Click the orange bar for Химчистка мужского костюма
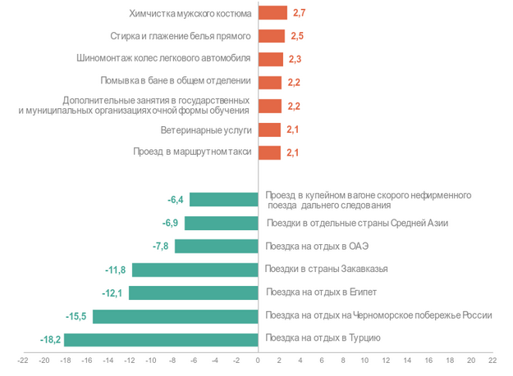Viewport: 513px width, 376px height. (x=272, y=13)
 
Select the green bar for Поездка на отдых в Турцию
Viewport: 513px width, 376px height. (x=161, y=339)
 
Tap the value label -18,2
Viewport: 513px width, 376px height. (x=51, y=339)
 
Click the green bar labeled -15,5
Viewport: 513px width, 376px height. (x=175, y=316)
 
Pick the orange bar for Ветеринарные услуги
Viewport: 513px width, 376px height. (x=269, y=129)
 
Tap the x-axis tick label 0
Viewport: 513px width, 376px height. (x=258, y=360)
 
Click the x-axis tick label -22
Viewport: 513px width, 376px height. (x=23, y=360)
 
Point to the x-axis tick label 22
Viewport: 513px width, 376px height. (x=492, y=360)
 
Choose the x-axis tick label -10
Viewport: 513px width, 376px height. (x=151, y=360)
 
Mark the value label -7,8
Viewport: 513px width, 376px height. (x=162, y=247)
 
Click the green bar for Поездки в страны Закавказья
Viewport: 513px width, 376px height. (x=195, y=270)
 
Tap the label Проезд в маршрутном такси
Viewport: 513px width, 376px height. (x=191, y=152)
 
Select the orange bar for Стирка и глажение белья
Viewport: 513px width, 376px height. (x=271, y=36)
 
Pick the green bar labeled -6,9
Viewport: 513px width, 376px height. (x=221, y=223)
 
